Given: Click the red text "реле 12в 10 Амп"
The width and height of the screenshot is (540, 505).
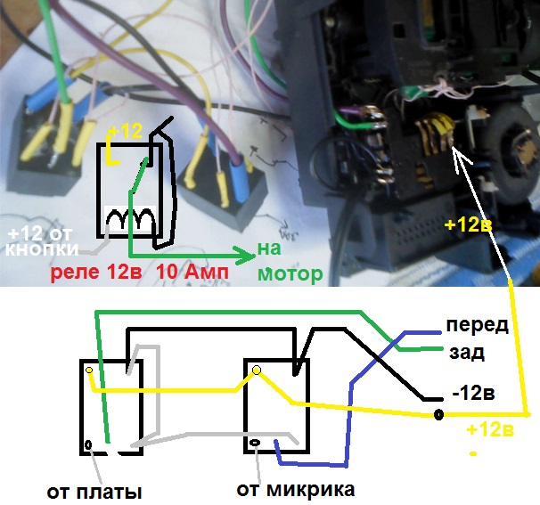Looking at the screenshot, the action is coord(140,273).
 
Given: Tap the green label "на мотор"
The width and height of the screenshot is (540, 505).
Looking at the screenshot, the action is coord(290,261).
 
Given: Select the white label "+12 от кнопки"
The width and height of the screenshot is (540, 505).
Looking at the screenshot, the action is coord(42,242).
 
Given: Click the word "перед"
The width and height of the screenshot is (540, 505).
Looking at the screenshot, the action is coord(478,326).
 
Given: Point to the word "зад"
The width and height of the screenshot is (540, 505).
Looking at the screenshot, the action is coord(467,353).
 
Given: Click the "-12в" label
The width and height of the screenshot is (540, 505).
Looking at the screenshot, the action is coord(473,393).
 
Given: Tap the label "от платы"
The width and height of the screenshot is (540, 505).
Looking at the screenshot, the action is coord(94,493).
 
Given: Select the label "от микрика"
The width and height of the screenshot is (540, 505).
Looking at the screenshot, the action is coord(296,489).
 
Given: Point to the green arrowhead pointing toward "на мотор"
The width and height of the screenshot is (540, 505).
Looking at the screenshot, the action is coord(245,256).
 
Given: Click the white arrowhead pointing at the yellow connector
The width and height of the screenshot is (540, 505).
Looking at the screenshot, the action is coord(461,154).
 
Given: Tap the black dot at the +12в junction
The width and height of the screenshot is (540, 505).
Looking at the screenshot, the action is coord(438,414).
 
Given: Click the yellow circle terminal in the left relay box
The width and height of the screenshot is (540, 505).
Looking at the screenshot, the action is coord(89,370).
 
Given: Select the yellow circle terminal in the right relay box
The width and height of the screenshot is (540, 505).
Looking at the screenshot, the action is coord(257,370).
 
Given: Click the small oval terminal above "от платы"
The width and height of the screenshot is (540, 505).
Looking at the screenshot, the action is coord(88,444).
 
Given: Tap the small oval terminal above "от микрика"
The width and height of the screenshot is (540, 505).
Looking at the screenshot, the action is coord(256,443).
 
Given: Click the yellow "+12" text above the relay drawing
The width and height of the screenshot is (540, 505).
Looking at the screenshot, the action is coord(125,131).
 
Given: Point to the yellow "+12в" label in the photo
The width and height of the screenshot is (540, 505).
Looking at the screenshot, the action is coord(469,224).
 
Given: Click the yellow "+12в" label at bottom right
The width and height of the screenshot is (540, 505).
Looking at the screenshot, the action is coord(490,429).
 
